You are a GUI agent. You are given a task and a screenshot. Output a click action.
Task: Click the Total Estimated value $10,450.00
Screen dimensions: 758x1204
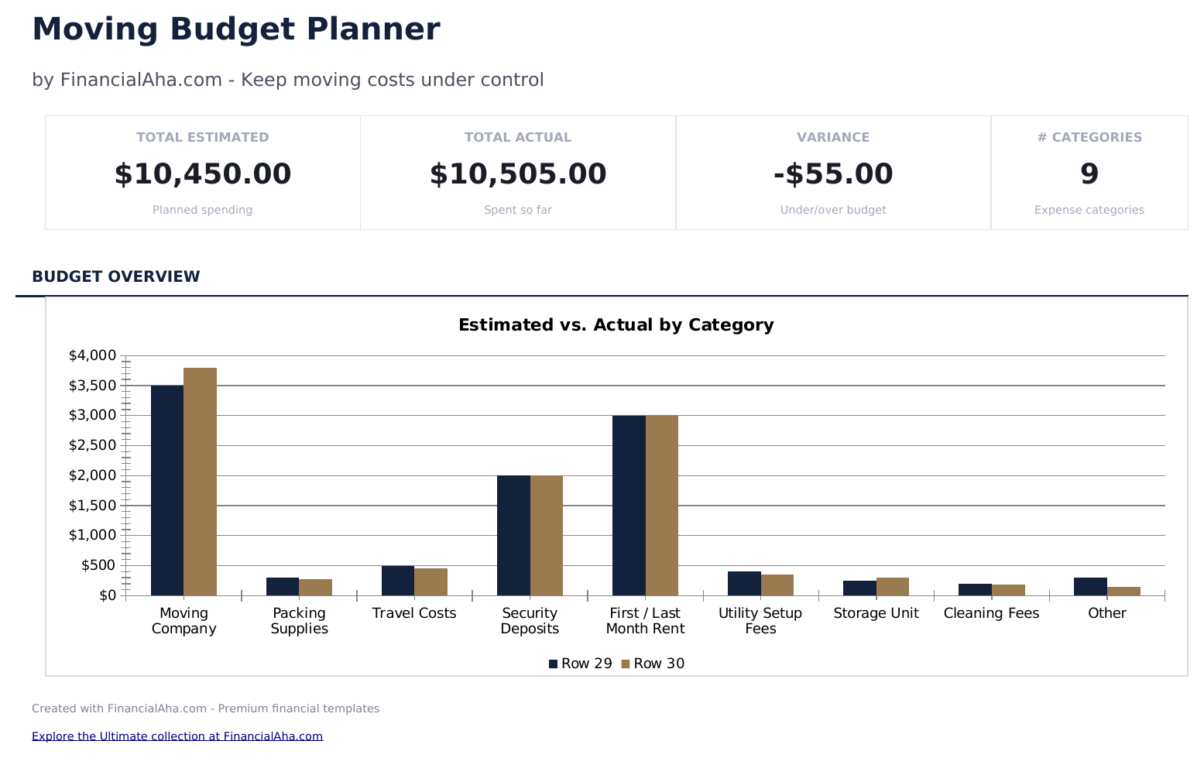(x=203, y=174)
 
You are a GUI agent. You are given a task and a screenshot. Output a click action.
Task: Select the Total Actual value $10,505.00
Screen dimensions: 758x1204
(x=518, y=174)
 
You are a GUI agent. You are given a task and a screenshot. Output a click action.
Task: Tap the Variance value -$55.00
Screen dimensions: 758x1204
(x=833, y=174)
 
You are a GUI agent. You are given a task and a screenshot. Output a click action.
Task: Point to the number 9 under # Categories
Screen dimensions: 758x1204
(x=1089, y=174)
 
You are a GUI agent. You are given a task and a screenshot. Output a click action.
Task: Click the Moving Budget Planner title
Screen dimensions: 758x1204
(x=235, y=29)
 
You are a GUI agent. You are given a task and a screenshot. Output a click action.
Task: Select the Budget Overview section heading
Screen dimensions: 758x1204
(x=116, y=276)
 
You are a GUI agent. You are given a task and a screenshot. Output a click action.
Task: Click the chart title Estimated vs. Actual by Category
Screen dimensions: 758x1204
(x=616, y=325)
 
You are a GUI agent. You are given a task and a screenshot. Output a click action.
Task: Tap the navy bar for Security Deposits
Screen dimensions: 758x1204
(x=513, y=535)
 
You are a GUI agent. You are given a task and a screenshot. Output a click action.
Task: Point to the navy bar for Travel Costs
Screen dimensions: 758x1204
(x=398, y=581)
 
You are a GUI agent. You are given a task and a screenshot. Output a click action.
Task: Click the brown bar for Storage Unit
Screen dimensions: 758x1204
(x=892, y=587)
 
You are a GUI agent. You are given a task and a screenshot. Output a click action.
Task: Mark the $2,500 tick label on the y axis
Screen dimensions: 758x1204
(x=92, y=445)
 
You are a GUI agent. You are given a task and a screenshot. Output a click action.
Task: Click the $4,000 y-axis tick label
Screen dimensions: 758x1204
(x=92, y=355)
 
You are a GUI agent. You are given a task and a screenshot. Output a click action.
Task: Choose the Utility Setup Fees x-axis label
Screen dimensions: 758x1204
(x=760, y=621)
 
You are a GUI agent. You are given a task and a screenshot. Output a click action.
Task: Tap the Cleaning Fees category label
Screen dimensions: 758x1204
(x=991, y=613)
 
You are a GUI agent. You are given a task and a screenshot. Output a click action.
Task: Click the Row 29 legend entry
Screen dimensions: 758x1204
(x=580, y=664)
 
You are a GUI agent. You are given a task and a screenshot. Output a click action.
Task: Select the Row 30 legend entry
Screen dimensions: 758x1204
(x=653, y=664)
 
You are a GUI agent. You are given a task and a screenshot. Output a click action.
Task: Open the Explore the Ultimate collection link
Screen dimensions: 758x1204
(x=177, y=736)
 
